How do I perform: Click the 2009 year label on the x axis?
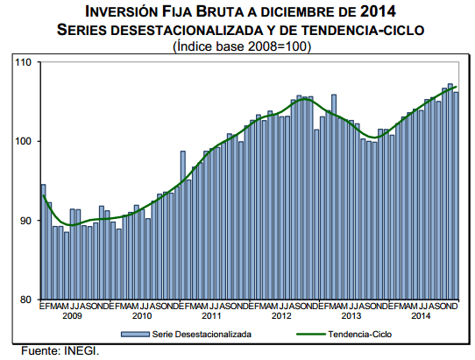[x=73, y=314]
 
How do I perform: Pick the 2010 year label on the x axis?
[x=142, y=314]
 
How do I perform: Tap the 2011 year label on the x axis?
[x=211, y=314]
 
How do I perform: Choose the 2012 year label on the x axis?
[x=281, y=314]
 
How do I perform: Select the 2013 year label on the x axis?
[x=351, y=314]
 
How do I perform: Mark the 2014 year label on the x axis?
[x=421, y=314]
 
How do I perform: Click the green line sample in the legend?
[x=308, y=334]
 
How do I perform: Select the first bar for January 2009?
[x=43, y=242]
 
